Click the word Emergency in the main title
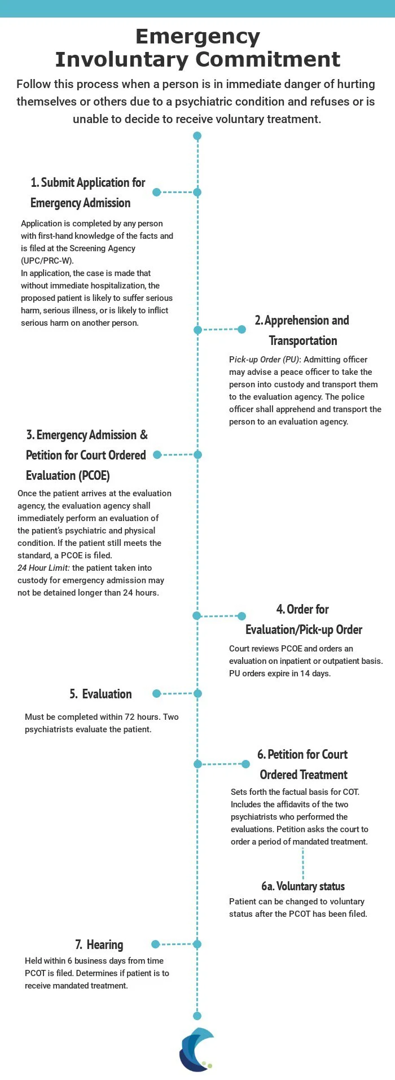tap(197, 37)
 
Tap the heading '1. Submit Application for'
tap(88, 182)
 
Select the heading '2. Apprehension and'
tap(302, 320)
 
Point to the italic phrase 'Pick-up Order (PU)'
tap(264, 360)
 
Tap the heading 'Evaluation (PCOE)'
tap(68, 475)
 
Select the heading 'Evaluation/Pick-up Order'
tap(304, 629)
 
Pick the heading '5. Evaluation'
tap(101, 694)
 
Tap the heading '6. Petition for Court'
tap(302, 754)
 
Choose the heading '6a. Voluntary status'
tap(303, 886)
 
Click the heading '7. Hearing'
tap(99, 945)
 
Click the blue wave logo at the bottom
tap(196, 1049)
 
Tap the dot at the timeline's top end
tap(197, 135)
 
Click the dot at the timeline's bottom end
tap(197, 1016)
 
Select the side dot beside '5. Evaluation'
tap(157, 693)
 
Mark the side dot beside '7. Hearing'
tap(156, 944)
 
